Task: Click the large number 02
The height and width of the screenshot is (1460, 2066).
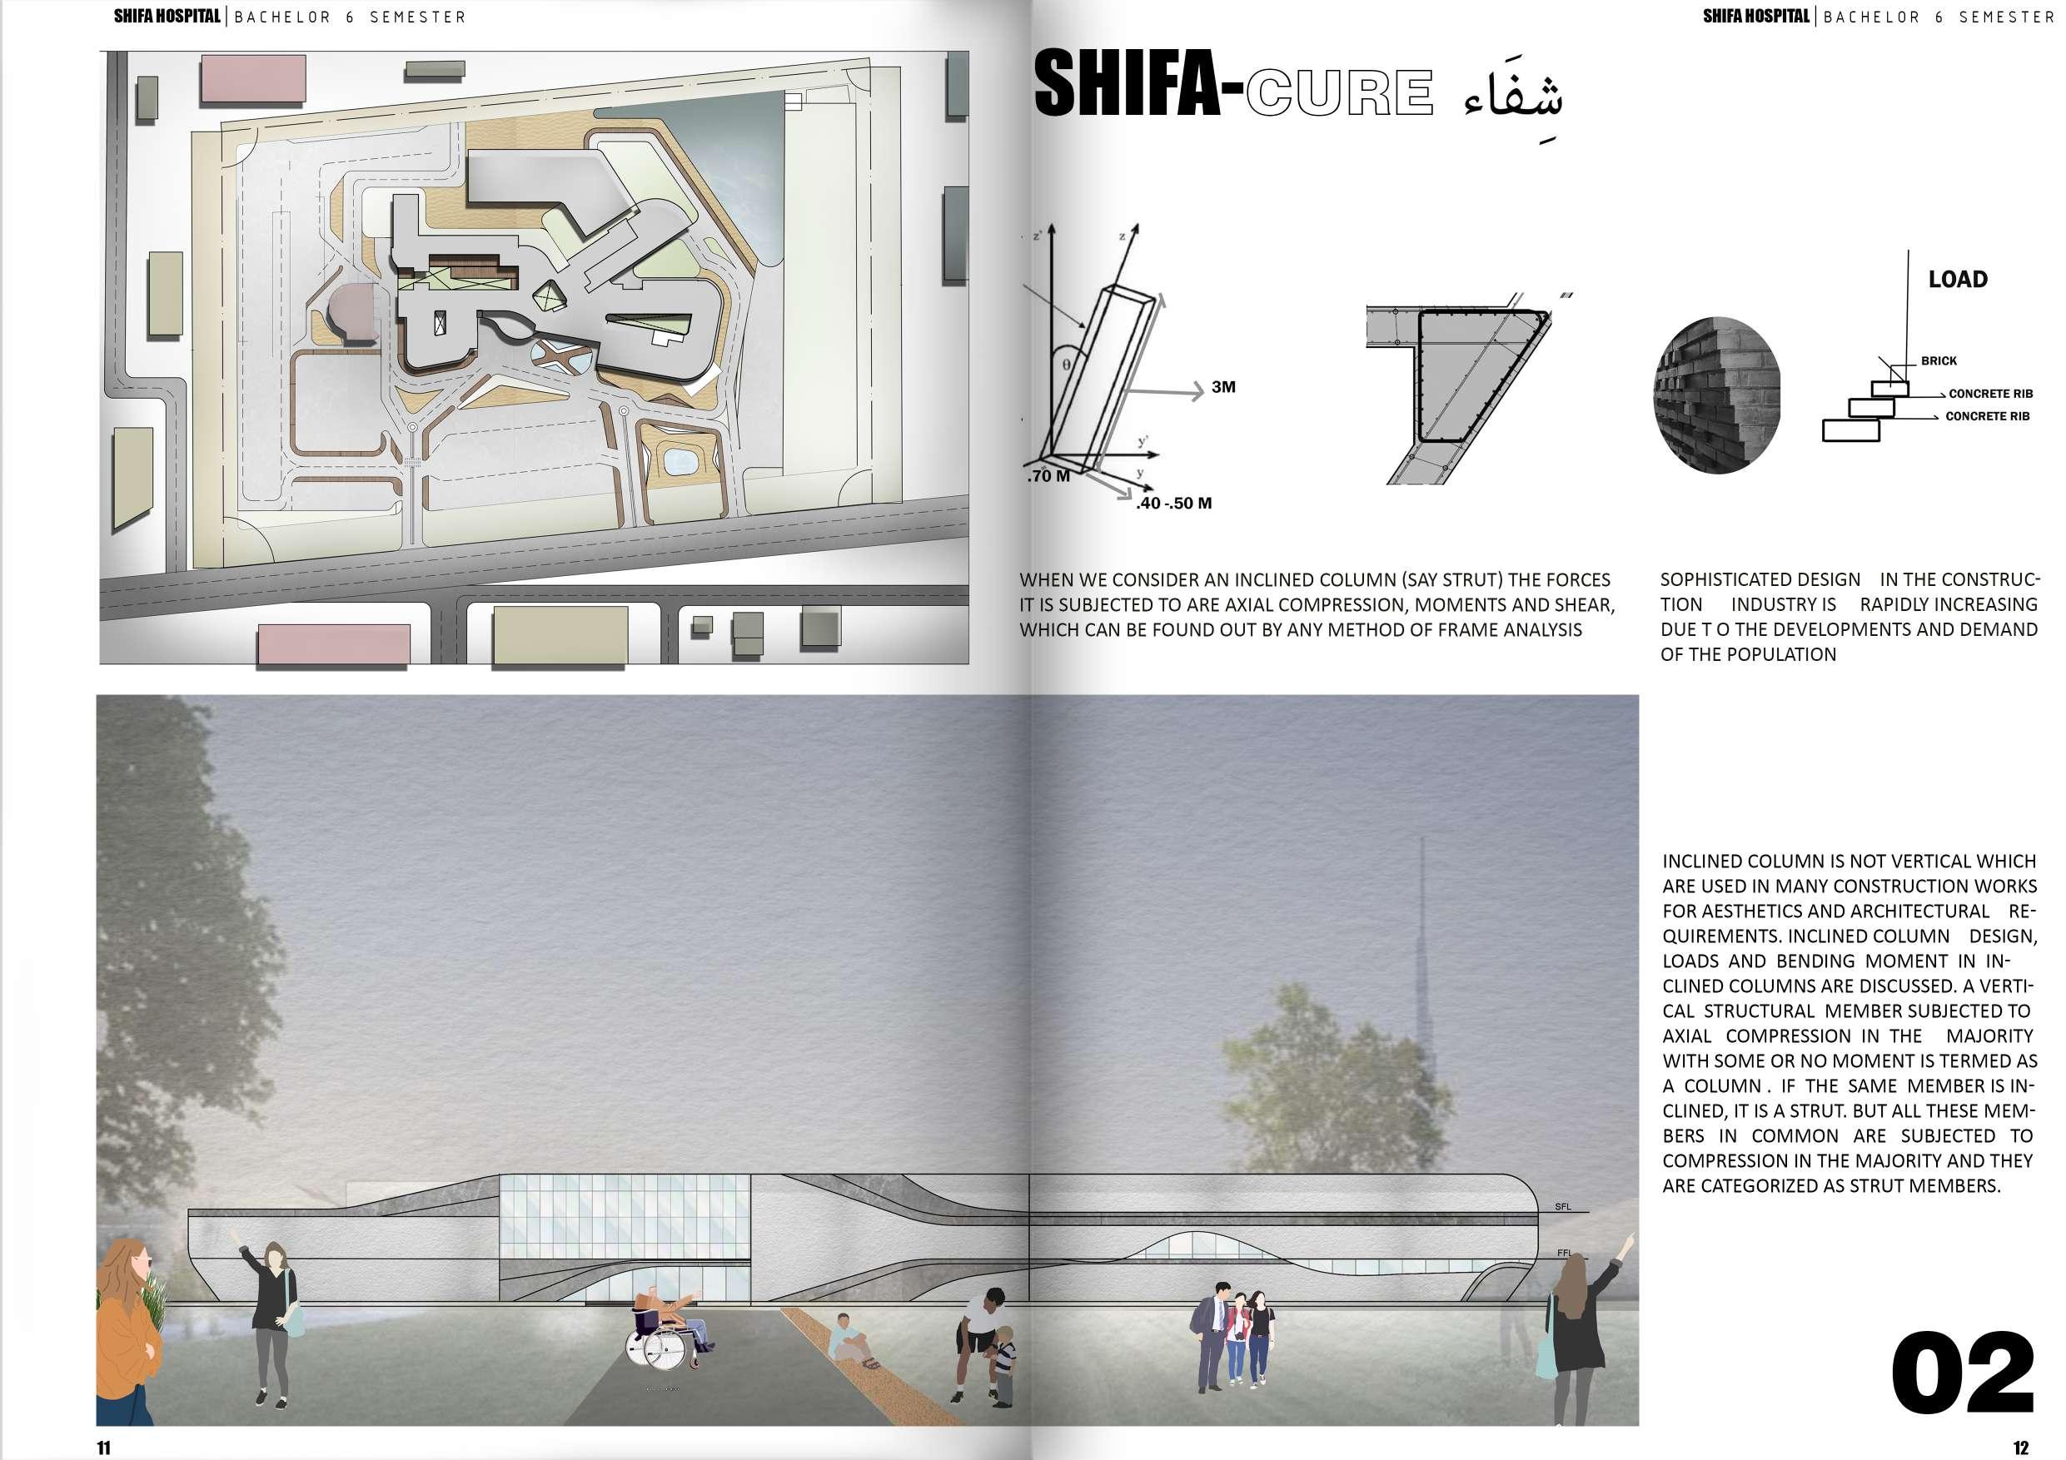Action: click(x=1963, y=1373)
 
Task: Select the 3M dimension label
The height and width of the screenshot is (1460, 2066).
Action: click(x=1223, y=388)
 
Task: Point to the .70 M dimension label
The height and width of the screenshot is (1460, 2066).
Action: click(x=1048, y=477)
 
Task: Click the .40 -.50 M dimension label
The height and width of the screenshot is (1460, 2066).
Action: click(x=1173, y=504)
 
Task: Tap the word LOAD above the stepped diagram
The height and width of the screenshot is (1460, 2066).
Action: click(x=1957, y=280)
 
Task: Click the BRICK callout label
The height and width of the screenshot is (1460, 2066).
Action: click(x=1939, y=360)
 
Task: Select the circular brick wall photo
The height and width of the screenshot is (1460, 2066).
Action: click(x=1716, y=394)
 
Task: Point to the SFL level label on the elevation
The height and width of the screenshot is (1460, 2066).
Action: click(x=1563, y=1206)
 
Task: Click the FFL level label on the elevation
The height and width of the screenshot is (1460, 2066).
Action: click(x=1564, y=1252)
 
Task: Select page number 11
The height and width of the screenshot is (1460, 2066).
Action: click(x=103, y=1448)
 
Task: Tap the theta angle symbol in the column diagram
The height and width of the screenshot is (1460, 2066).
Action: click(x=1066, y=366)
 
